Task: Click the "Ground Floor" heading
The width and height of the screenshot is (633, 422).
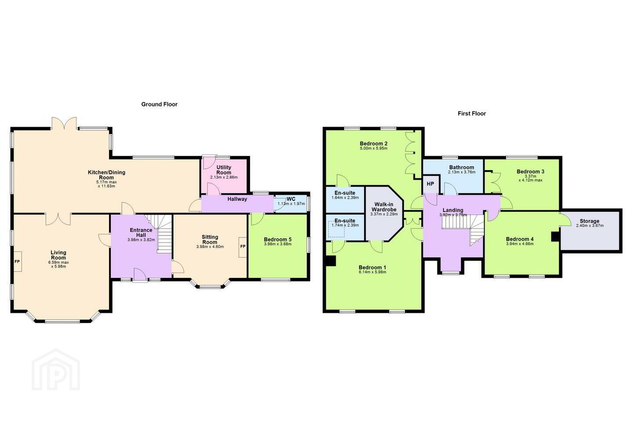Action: click(160, 104)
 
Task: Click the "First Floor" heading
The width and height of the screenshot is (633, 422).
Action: click(472, 113)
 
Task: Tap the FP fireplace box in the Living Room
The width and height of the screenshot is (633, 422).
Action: click(17, 262)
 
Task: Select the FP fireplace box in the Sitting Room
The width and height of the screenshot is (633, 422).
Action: click(243, 247)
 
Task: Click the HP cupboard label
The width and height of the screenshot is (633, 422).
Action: click(430, 184)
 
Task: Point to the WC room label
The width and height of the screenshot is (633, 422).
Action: click(291, 199)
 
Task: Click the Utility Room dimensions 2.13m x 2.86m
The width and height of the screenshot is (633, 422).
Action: click(224, 178)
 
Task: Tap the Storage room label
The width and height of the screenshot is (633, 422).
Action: click(589, 221)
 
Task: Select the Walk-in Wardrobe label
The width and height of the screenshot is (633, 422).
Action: click(384, 207)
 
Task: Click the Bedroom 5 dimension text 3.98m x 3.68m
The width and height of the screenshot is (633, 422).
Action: click(277, 244)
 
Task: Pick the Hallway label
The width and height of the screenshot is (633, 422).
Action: click(237, 199)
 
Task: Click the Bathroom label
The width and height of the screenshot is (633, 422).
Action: click(462, 167)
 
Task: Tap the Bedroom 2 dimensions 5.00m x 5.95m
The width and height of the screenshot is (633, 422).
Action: click(373, 148)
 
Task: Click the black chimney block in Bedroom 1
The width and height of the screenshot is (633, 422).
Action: click(330, 261)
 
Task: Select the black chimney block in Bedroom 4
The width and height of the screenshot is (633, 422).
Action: click(556, 236)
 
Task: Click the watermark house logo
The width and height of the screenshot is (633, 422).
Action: click(56, 370)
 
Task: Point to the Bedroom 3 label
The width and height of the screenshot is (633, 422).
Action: click(531, 171)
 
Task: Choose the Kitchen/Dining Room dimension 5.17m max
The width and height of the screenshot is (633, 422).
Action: click(106, 182)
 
